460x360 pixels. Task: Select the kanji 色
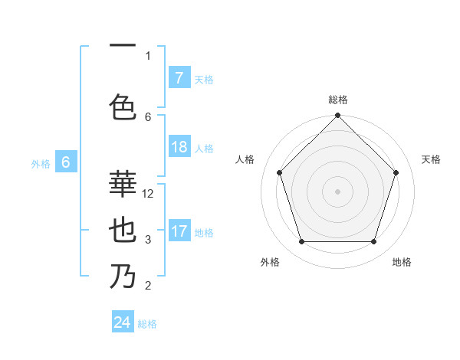[123, 106]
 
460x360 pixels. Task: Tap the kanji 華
[123, 184]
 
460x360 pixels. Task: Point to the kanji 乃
[123, 276]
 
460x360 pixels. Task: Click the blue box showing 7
[179, 77]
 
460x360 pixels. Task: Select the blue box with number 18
[179, 147]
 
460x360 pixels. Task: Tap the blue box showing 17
[179, 231]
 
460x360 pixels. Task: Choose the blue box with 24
[123, 322]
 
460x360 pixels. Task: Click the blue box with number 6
[66, 162]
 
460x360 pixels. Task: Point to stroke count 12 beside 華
[149, 194]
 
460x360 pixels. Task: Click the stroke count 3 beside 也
[148, 240]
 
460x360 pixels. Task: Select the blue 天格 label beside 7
[204, 79]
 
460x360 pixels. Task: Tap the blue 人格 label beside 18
[204, 148]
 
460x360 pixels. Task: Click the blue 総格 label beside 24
[147, 324]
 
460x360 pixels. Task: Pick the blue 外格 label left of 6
[41, 163]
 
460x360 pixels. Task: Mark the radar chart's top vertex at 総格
[337, 116]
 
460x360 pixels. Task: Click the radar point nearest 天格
[396, 172]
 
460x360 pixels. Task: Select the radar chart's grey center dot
[337, 191]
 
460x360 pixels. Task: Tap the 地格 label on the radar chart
[402, 262]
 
